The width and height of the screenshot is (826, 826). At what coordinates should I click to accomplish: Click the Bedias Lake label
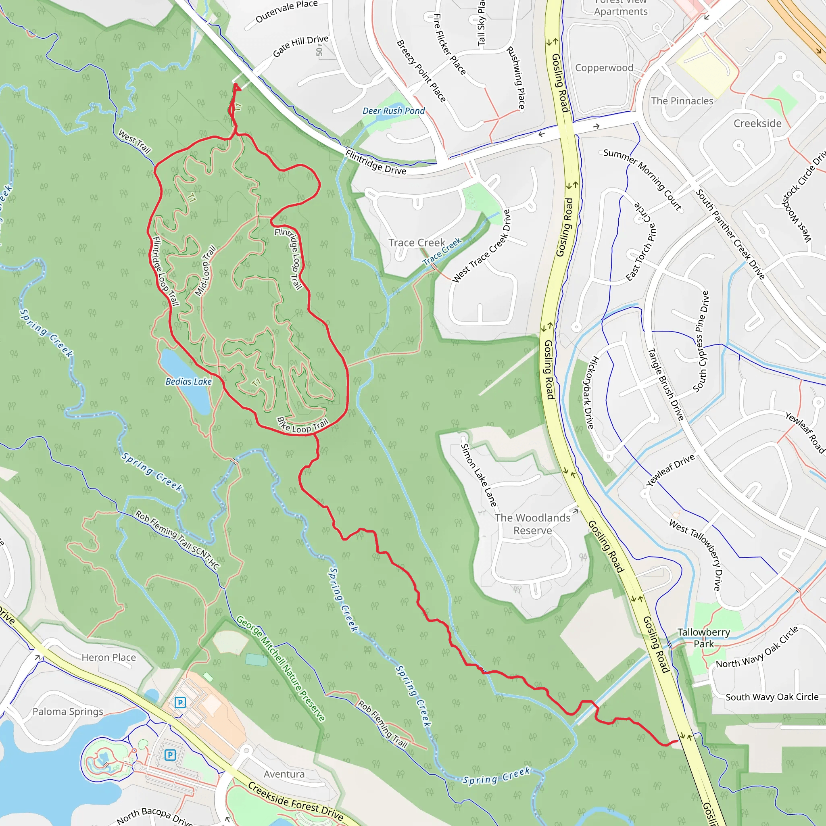pos(188,382)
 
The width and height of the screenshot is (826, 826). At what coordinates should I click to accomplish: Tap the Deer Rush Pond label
pos(393,111)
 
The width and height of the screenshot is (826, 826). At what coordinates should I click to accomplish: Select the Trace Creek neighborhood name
pos(416,243)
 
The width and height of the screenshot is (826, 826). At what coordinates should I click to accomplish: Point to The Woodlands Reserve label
pos(532,524)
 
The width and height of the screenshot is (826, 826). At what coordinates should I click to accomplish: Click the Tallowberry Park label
pos(704,638)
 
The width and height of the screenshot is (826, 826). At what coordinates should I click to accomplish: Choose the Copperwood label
pos(604,68)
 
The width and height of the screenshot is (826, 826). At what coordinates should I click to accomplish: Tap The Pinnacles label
pos(682,101)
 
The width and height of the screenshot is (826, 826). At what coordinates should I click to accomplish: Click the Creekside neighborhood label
pos(757,123)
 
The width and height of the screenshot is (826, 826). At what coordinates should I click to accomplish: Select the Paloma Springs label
pos(68,712)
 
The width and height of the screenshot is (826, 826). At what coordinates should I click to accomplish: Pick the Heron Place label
pos(108,657)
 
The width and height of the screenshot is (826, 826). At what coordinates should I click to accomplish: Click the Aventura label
pos(284,774)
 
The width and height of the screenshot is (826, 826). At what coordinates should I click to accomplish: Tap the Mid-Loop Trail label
pos(205,271)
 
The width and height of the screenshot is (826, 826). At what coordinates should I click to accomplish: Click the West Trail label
pos(135,142)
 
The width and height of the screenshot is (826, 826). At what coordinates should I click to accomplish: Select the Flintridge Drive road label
pos(375,163)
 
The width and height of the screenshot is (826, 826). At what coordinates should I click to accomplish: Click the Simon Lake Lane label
pos(478,475)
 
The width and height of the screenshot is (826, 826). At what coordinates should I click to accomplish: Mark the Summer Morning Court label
pos(642,179)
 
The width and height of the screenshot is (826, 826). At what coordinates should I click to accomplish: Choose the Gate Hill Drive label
pos(300,46)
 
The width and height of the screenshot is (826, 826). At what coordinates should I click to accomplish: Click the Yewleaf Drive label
pos(670,470)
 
